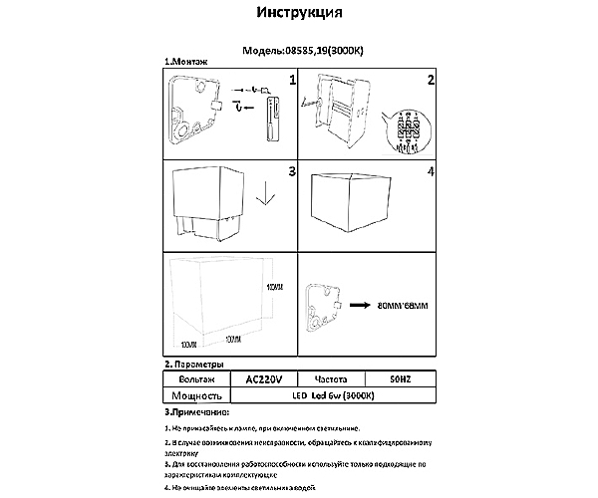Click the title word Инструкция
(x=300, y=14)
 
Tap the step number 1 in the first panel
(x=292, y=79)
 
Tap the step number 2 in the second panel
(x=431, y=79)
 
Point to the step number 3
(x=291, y=172)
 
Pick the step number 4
(x=431, y=172)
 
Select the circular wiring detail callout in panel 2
(x=410, y=129)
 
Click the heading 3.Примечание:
(x=196, y=411)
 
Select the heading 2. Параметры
(x=195, y=366)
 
